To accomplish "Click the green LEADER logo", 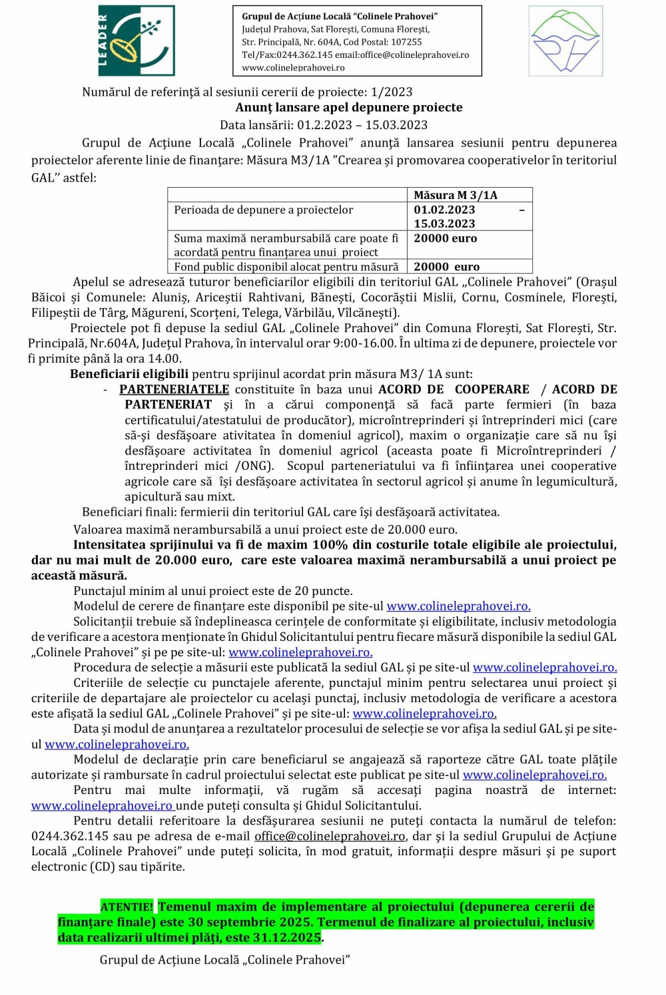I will (136, 41).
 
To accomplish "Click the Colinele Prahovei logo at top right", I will (565, 41).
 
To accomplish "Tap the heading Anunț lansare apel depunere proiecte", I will (348, 108).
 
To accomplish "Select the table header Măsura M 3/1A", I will (456, 195).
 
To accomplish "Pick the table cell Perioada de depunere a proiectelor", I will (264, 210).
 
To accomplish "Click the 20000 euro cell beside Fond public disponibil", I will (446, 267).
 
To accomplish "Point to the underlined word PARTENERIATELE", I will (174, 389).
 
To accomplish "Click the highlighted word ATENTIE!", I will (127, 907).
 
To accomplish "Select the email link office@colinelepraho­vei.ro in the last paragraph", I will (330, 836).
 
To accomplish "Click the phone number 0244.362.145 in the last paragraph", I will (69, 836).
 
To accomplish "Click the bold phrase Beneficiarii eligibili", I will (129, 374).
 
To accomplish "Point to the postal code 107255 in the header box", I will (406, 42).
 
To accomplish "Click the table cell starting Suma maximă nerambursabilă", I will (286, 245).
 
